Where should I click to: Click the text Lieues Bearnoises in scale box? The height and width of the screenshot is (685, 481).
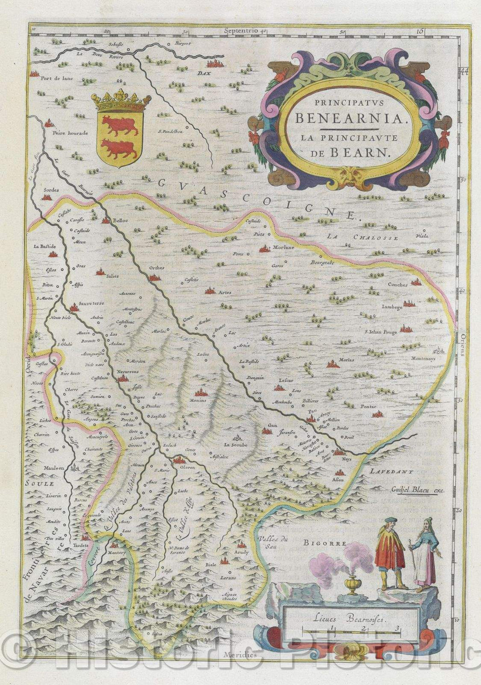(x=348, y=619)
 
